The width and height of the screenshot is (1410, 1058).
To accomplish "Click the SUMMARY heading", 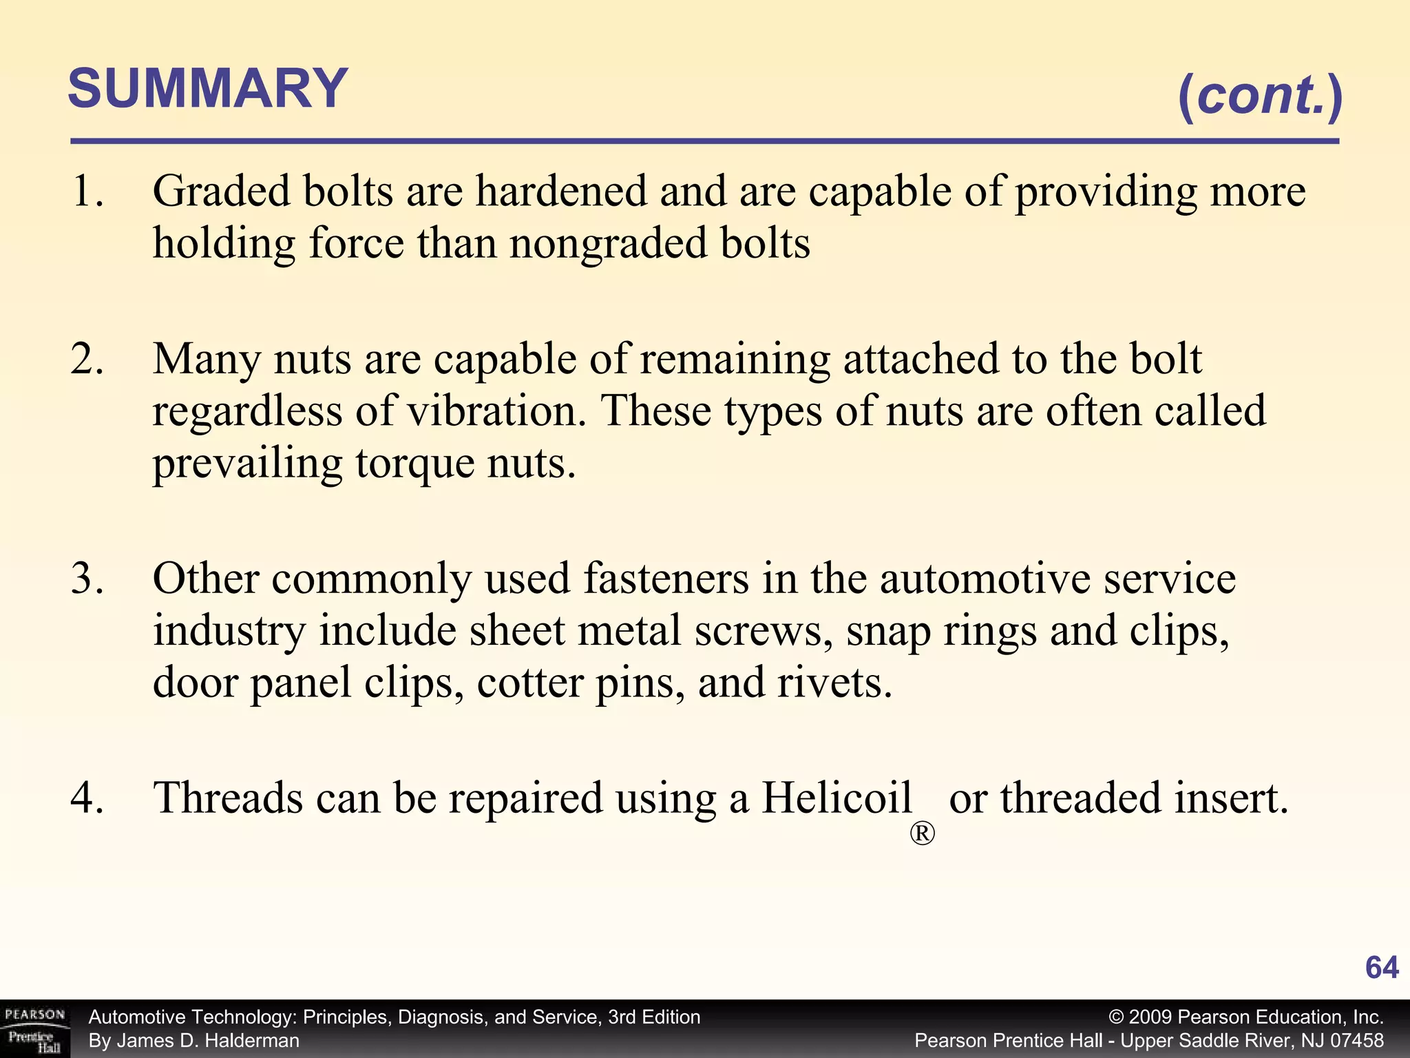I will pos(208,90).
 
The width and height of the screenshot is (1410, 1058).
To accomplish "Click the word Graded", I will pos(221,191).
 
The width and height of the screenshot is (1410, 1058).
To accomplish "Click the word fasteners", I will pos(666,579).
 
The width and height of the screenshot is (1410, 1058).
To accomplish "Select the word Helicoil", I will pos(836,798).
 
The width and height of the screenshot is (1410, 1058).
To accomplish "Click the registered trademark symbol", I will pos(923,834).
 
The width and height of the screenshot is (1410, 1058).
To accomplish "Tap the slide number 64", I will pos(1381,968).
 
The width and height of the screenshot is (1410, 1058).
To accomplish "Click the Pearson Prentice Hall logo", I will pos(34,1029).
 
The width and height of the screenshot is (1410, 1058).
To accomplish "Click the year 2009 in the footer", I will pos(1150,1017).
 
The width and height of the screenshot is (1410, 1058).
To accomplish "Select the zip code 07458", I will pos(1356,1041).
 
